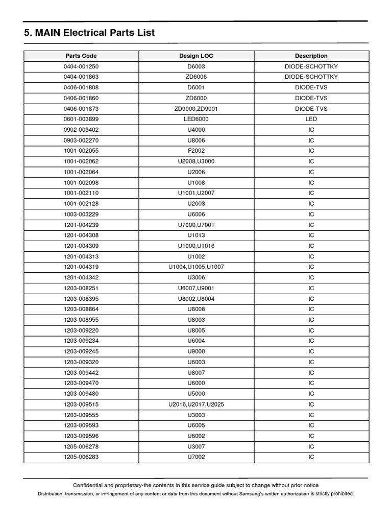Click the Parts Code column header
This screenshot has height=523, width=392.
[81, 56]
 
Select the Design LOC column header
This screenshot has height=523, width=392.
[196, 56]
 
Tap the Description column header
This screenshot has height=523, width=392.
[311, 56]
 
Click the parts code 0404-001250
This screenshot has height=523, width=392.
[81, 66]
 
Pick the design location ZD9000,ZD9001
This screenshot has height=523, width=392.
[196, 109]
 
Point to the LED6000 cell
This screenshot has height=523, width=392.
[196, 119]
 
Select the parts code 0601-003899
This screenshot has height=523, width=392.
[81, 119]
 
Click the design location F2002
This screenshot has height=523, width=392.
[196, 151]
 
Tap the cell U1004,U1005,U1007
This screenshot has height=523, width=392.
[196, 267]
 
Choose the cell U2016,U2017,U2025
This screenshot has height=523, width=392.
[196, 405]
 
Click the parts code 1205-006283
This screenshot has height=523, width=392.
[81, 457]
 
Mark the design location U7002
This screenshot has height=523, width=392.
[196, 457]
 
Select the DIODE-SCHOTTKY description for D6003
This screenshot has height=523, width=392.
[311, 66]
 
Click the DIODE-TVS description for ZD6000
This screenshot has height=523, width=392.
[311, 98]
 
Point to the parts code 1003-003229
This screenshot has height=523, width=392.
[81, 214]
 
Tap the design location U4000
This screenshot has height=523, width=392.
[196, 130]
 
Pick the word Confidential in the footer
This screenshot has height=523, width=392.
[90, 485]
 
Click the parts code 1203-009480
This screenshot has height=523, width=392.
[81, 394]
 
